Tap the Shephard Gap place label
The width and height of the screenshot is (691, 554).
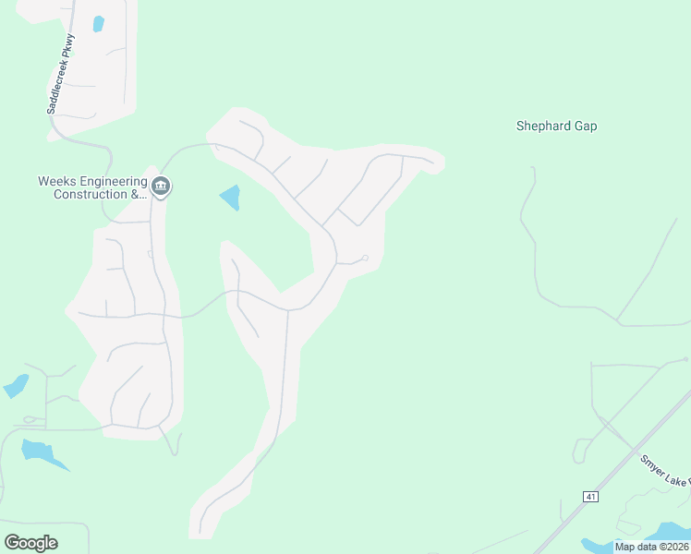[556, 126]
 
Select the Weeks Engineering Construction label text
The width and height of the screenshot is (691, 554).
[92, 187]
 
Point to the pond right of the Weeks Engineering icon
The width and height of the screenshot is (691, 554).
[230, 196]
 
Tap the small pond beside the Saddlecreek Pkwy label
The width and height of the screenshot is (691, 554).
[99, 24]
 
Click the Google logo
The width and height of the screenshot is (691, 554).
[30, 543]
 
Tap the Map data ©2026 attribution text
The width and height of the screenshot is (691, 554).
[651, 547]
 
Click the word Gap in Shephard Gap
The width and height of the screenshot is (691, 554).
[585, 126]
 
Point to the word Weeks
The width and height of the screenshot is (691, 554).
[55, 181]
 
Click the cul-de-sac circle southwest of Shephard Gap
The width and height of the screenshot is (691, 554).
[365, 258]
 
